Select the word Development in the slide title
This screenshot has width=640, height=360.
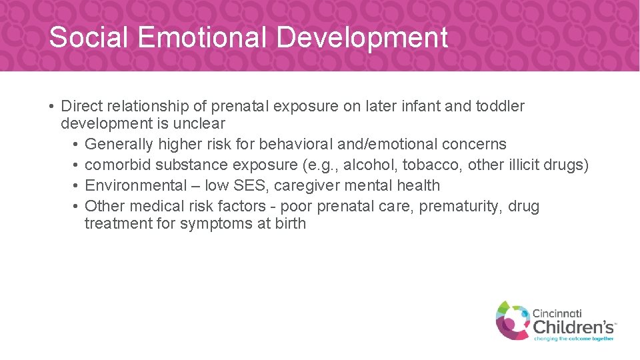pyautogui.click(x=362, y=37)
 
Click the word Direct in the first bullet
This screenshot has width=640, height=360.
pyautogui.click(x=81, y=106)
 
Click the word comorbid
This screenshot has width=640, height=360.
pyautogui.click(x=117, y=165)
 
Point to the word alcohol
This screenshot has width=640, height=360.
pyautogui.click(x=371, y=165)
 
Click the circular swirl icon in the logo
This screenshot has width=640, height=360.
pyautogui.click(x=512, y=319)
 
